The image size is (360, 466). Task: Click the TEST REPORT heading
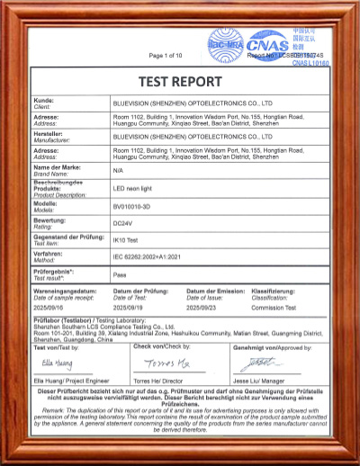tap(180, 78)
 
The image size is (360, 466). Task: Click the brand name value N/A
tap(118, 169)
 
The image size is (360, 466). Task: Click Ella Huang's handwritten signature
tap(57, 364)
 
